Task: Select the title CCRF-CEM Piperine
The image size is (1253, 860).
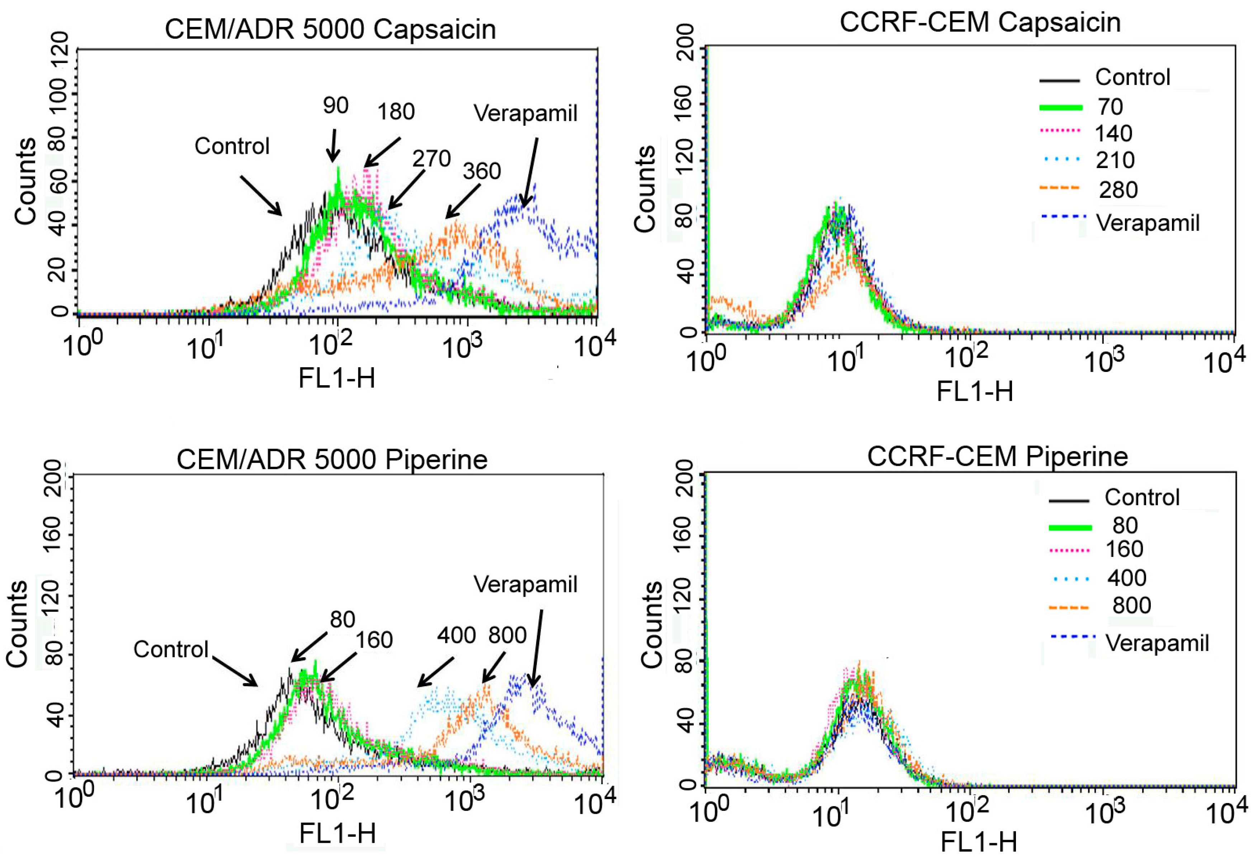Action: pos(997,457)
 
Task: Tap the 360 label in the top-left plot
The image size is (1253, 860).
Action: pos(482,171)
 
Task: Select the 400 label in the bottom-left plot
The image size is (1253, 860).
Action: pos(456,636)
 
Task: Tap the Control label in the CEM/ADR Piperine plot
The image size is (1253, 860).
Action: pos(171,649)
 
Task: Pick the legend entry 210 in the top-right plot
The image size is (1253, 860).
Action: pos(1115,160)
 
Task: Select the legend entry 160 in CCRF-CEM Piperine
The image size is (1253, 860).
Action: pos(1124,549)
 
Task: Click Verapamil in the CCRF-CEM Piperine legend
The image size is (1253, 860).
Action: pos(1157,643)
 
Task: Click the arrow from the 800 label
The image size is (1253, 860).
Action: pos(493,668)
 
